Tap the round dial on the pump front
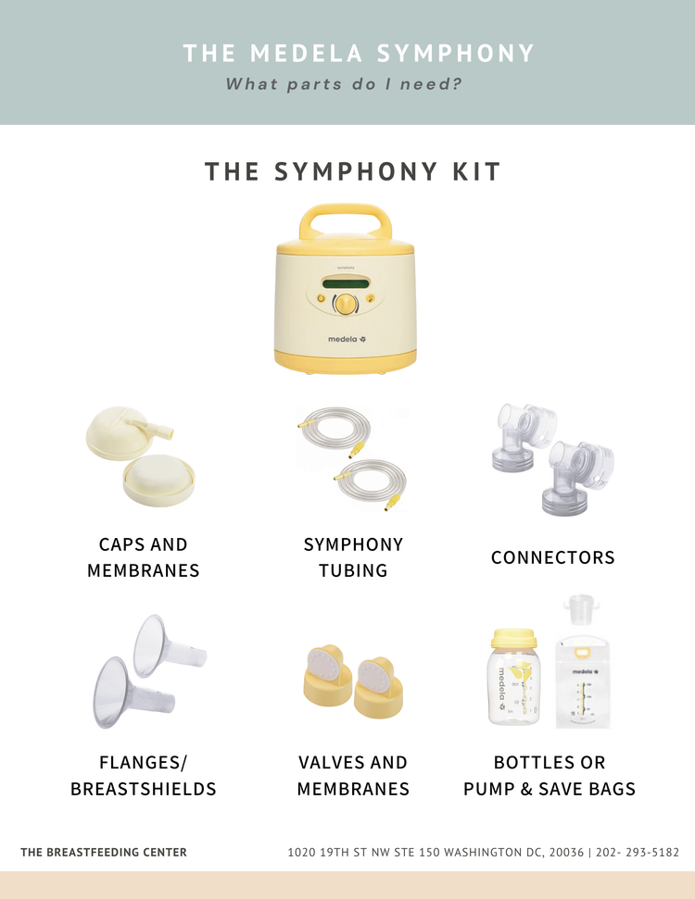(x=345, y=303)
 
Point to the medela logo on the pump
(x=347, y=339)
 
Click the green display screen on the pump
(x=345, y=281)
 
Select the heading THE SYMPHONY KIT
(x=353, y=172)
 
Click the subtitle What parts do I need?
(x=345, y=84)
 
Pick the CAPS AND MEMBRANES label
(x=144, y=557)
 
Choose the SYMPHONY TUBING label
(x=353, y=557)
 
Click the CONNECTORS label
(x=552, y=557)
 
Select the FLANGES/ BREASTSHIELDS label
(x=144, y=776)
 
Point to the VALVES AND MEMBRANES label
(x=353, y=776)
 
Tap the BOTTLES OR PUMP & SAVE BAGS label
(x=550, y=776)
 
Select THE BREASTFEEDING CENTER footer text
(x=104, y=852)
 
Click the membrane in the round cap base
(x=159, y=479)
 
